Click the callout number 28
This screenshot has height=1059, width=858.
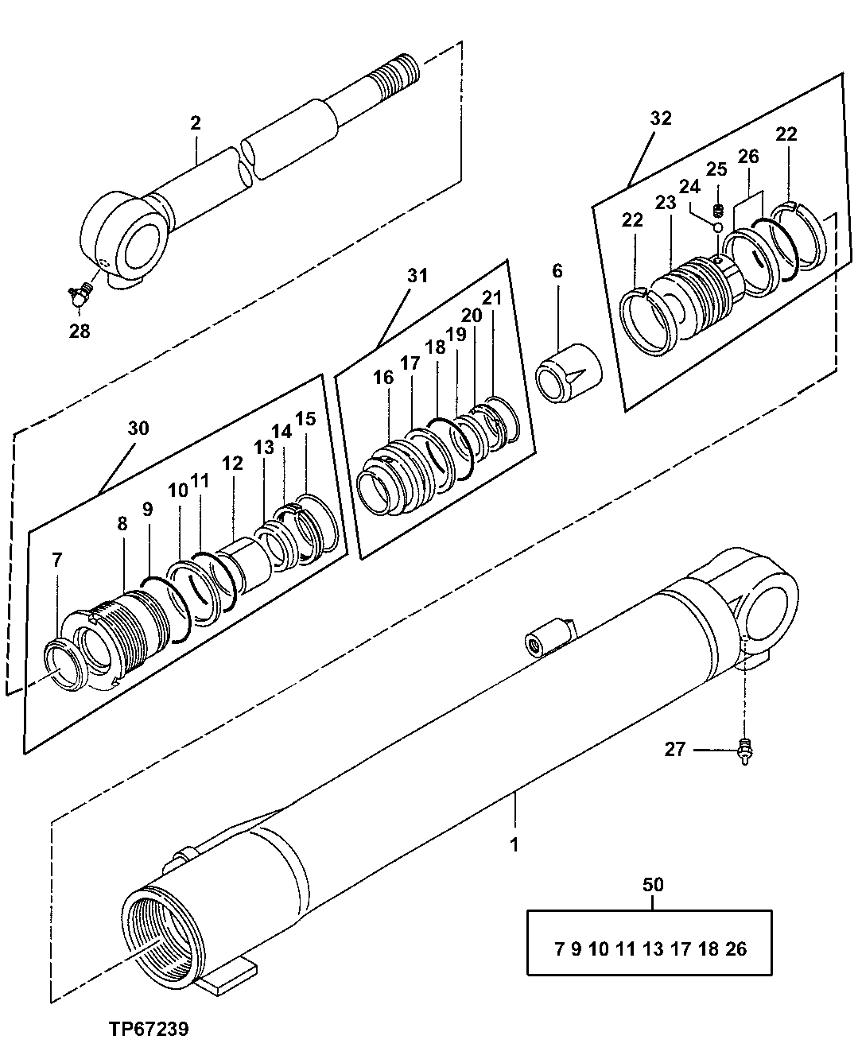(80, 331)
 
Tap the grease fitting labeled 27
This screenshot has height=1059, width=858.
(745, 750)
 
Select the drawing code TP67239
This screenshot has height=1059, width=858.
(149, 1030)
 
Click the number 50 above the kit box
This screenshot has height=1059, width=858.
(652, 884)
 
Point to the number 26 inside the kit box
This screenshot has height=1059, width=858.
(736, 948)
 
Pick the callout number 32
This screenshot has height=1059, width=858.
(660, 118)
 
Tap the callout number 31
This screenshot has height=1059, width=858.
(417, 276)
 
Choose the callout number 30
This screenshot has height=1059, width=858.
(138, 429)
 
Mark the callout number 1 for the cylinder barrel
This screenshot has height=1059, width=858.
(514, 844)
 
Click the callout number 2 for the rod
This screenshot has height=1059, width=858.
(195, 123)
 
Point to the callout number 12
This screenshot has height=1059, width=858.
(232, 463)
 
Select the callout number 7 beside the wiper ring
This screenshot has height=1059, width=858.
(56, 560)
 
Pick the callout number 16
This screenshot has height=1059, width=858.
(383, 377)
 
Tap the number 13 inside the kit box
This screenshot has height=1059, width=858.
(653, 948)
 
